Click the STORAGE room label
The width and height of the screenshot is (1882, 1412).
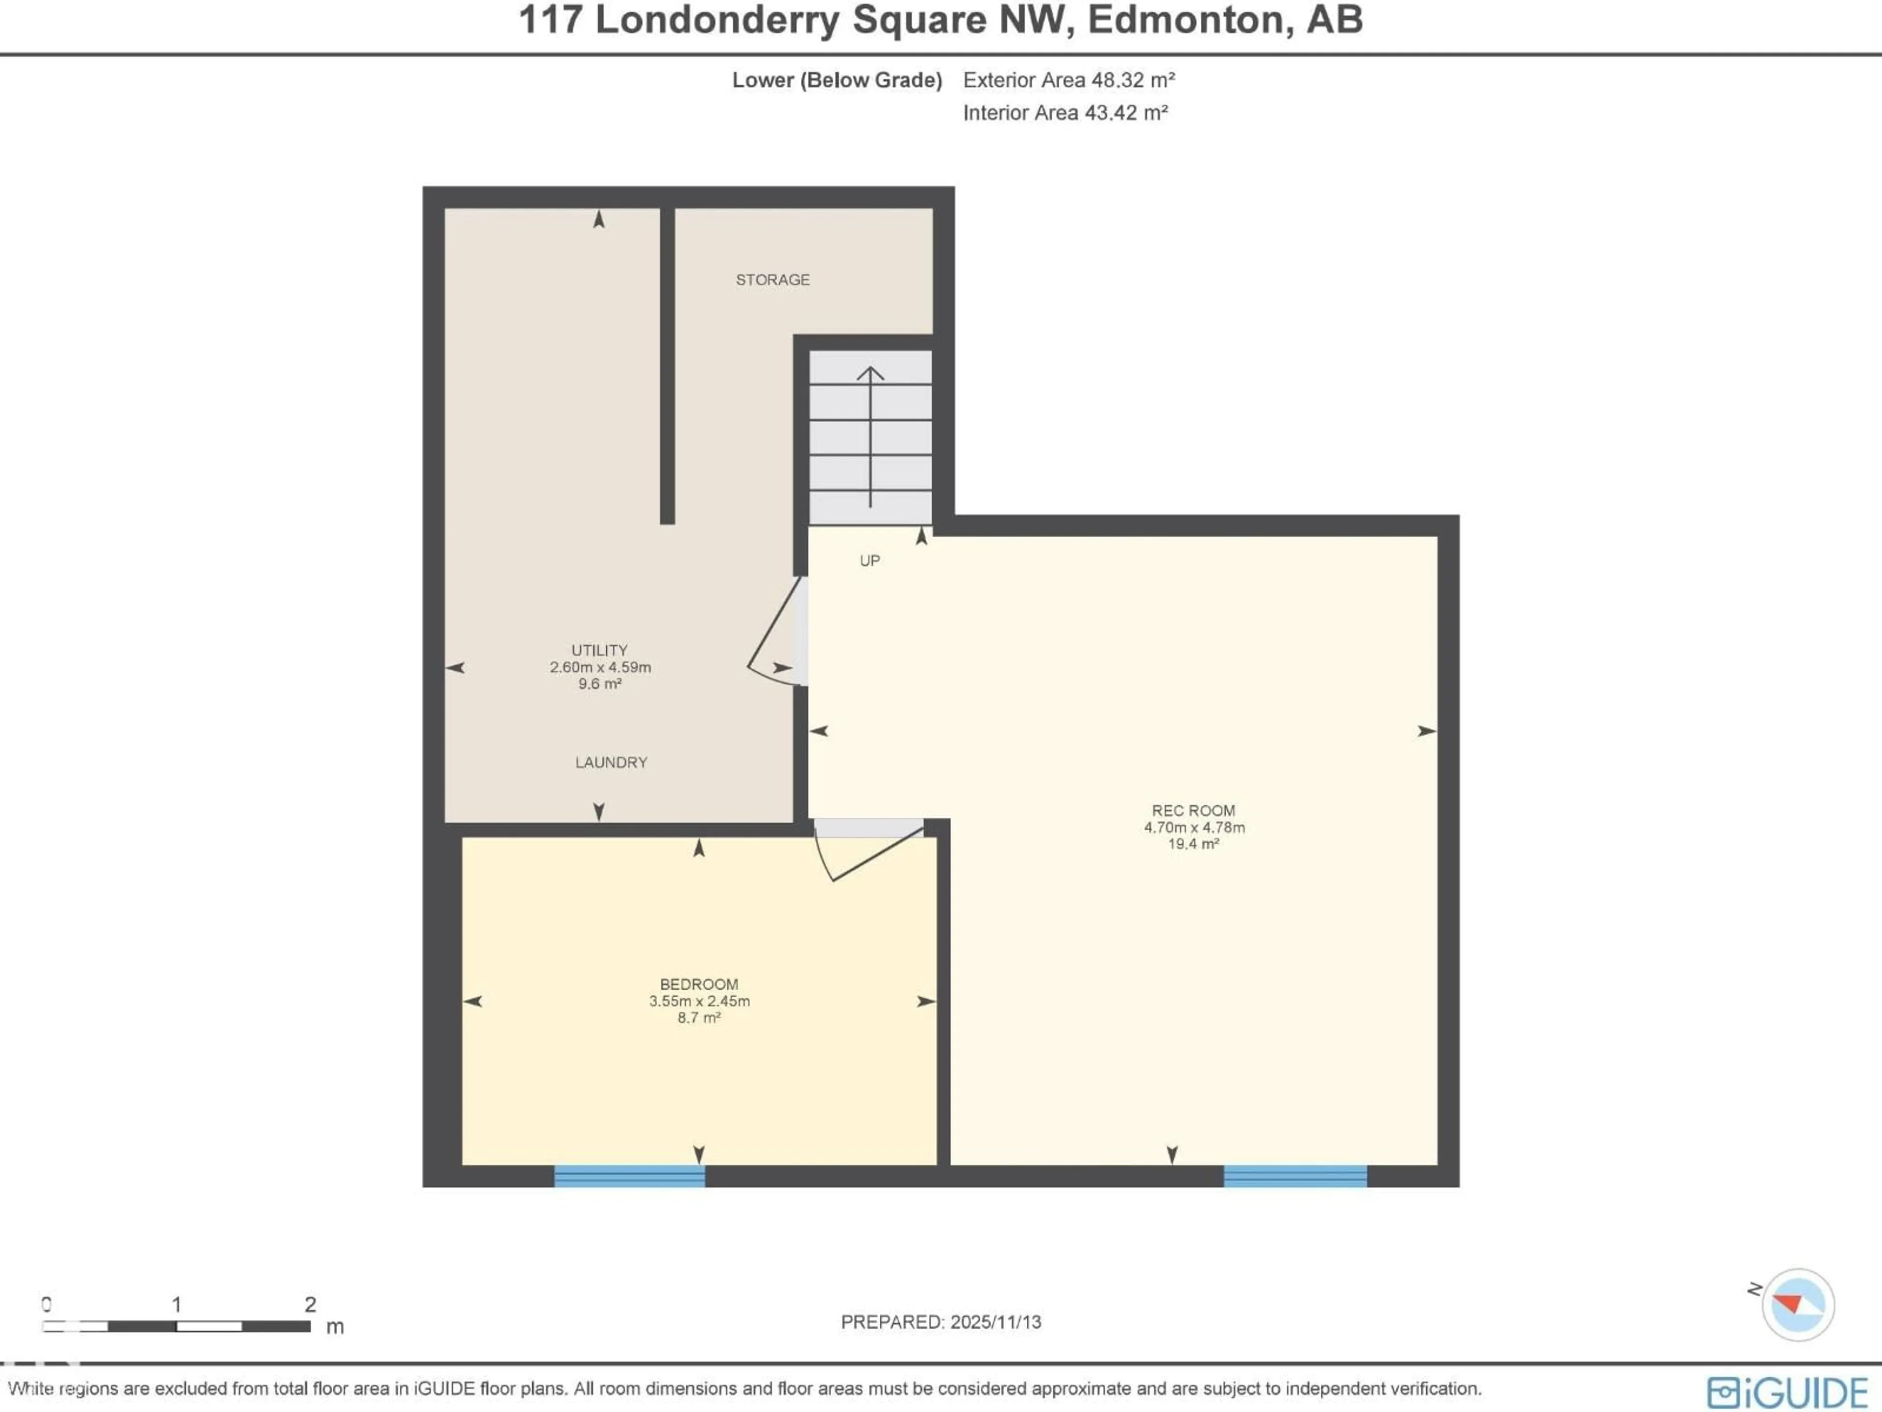[x=772, y=280]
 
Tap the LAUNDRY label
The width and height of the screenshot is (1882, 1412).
[x=611, y=762]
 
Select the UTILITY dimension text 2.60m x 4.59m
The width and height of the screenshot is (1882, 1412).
[x=600, y=667]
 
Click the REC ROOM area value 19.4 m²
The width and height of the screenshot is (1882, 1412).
[x=1194, y=844]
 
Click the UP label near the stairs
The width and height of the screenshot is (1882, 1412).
[x=869, y=561]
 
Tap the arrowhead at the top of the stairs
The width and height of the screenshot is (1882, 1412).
[x=869, y=373]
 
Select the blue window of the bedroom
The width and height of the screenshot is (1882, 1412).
[x=630, y=1176]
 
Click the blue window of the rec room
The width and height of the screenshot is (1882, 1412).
[x=1295, y=1176]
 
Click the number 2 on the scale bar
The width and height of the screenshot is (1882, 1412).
[x=311, y=1304]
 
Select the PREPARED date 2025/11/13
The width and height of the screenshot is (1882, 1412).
[x=995, y=1322]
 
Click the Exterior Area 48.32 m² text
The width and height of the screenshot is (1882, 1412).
[x=1068, y=80]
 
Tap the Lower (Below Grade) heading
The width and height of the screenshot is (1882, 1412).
[x=837, y=80]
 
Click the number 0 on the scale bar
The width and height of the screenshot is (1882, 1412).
[x=47, y=1304]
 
